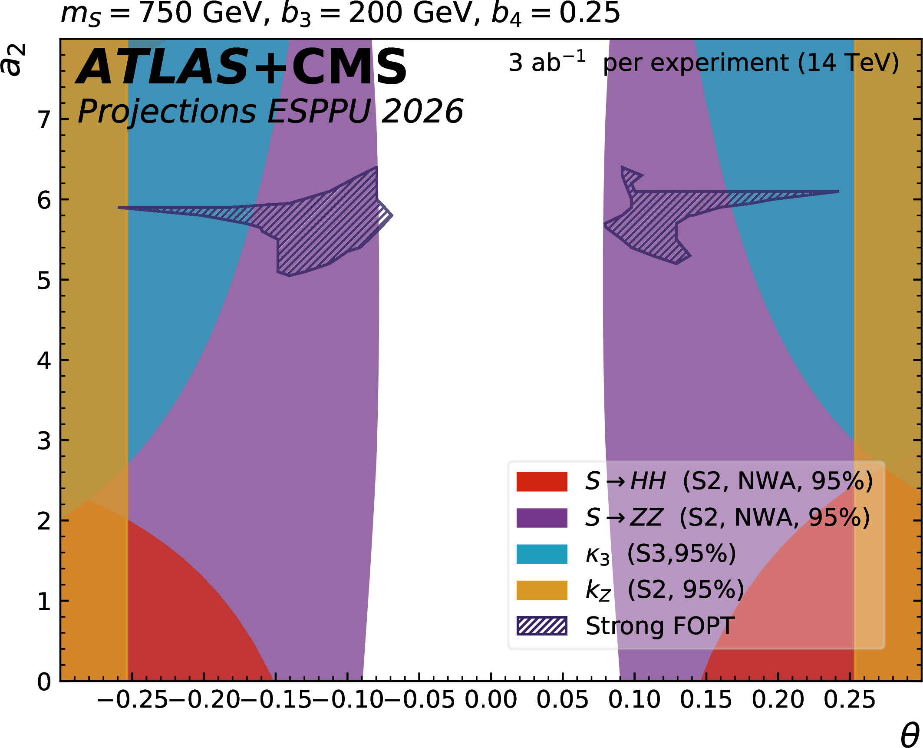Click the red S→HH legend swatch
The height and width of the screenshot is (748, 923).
(x=542, y=481)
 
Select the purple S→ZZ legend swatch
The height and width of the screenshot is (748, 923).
(x=542, y=518)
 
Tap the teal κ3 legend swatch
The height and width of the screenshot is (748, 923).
(x=542, y=554)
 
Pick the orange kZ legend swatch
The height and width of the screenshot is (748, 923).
(x=542, y=590)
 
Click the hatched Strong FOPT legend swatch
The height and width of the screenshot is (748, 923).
(x=542, y=626)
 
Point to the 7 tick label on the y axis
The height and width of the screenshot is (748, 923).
(x=44, y=120)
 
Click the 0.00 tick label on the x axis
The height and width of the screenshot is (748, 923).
(x=491, y=700)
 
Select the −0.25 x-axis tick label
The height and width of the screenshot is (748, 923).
(x=132, y=700)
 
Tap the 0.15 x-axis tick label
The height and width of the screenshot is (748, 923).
(x=706, y=700)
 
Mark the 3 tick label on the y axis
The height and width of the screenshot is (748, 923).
(x=44, y=441)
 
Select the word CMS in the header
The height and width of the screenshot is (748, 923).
(x=349, y=67)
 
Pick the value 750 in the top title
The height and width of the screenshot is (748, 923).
(x=165, y=13)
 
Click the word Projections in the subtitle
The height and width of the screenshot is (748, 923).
(x=167, y=112)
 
